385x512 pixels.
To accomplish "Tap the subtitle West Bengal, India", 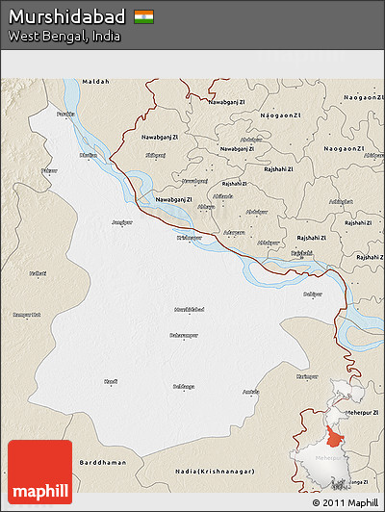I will [51, 36].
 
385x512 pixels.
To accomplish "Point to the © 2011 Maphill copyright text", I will [346, 502].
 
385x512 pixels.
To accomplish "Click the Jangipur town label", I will [121, 221].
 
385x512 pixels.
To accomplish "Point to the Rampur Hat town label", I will [26, 314].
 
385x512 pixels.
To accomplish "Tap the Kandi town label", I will [111, 382].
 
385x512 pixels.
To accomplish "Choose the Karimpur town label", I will [307, 375].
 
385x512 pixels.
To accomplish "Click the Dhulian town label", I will [88, 153].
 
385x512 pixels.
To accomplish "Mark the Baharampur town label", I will [184, 335].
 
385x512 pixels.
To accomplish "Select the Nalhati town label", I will [38, 274].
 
